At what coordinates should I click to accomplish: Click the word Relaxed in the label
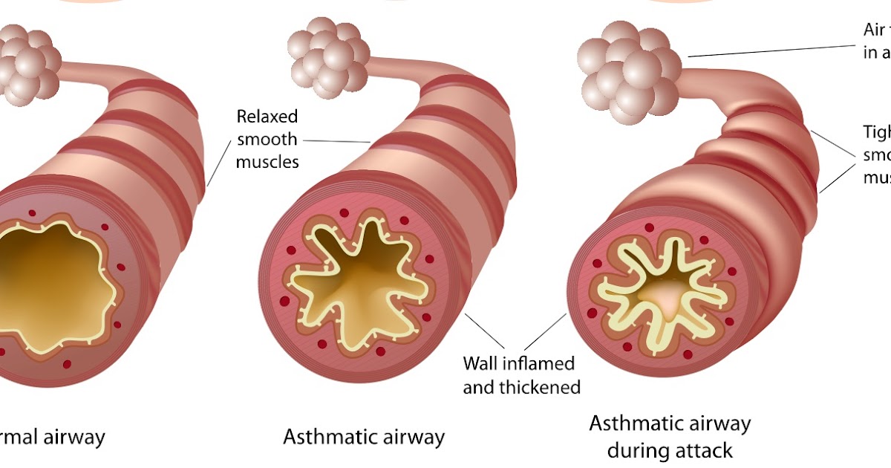click(x=267, y=117)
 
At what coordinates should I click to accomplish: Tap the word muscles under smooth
click(x=267, y=161)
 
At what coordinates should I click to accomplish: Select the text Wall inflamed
click(x=518, y=364)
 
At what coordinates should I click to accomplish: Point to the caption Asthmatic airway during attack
click(x=670, y=437)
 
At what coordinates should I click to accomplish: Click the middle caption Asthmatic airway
click(x=364, y=437)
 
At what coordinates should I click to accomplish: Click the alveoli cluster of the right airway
click(x=628, y=71)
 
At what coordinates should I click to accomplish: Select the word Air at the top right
click(x=874, y=30)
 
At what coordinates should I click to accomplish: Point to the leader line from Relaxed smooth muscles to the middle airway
click(x=337, y=140)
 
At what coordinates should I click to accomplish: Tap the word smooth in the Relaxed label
click(x=267, y=139)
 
